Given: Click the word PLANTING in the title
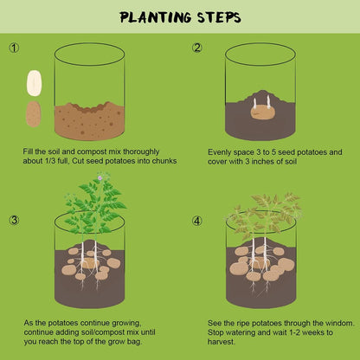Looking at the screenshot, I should click(151, 16).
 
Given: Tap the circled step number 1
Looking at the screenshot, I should click(13, 49).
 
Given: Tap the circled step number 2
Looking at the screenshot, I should click(197, 48).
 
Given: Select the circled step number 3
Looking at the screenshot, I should click(13, 220).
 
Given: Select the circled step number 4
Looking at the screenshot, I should click(197, 220).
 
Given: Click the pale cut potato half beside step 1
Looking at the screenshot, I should click(34, 84).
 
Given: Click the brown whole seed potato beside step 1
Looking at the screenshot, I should click(34, 113).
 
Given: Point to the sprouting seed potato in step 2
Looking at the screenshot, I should click(262, 111).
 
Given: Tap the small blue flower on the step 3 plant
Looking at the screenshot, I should click(100, 177).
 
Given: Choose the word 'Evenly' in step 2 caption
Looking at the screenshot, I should click(220, 151).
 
